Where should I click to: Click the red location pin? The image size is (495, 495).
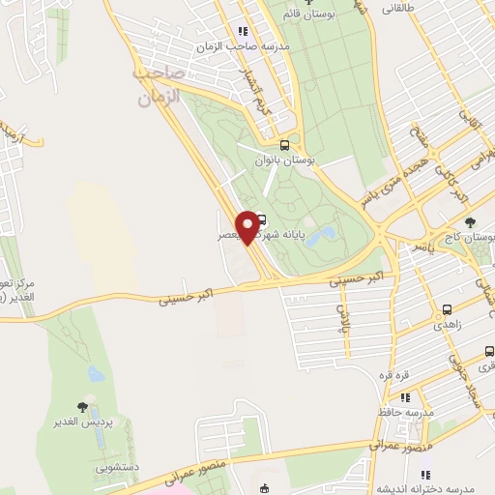coord(249,226)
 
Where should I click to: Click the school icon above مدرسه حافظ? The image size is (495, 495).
coord(406,396)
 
